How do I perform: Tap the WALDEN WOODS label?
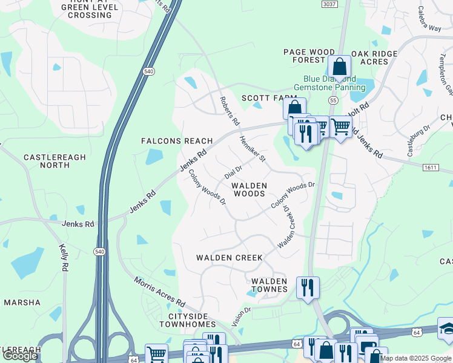(250, 189)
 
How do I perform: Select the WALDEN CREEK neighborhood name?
(230, 258)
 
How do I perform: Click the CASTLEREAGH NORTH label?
(55, 161)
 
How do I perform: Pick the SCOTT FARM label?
(269, 98)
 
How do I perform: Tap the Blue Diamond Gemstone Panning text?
(329, 83)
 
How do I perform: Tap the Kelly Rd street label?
(64, 257)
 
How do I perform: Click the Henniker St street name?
(253, 148)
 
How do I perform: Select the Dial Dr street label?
(233, 171)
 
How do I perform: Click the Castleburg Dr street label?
(418, 141)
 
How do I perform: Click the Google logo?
(20, 356)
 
